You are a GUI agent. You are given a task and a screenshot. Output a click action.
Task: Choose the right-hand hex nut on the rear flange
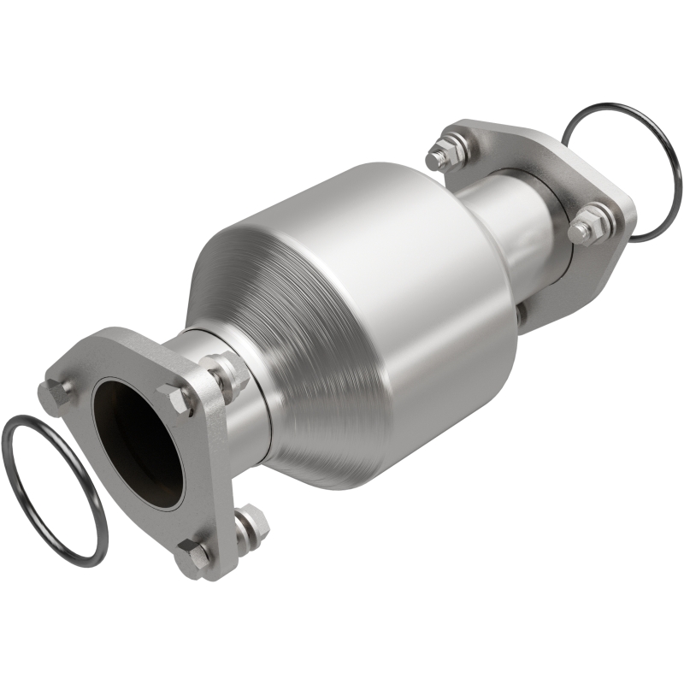pos(590,224)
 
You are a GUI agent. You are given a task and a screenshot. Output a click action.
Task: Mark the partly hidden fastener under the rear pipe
pos(518,313)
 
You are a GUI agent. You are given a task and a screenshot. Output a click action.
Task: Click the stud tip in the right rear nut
pos(581,230)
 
